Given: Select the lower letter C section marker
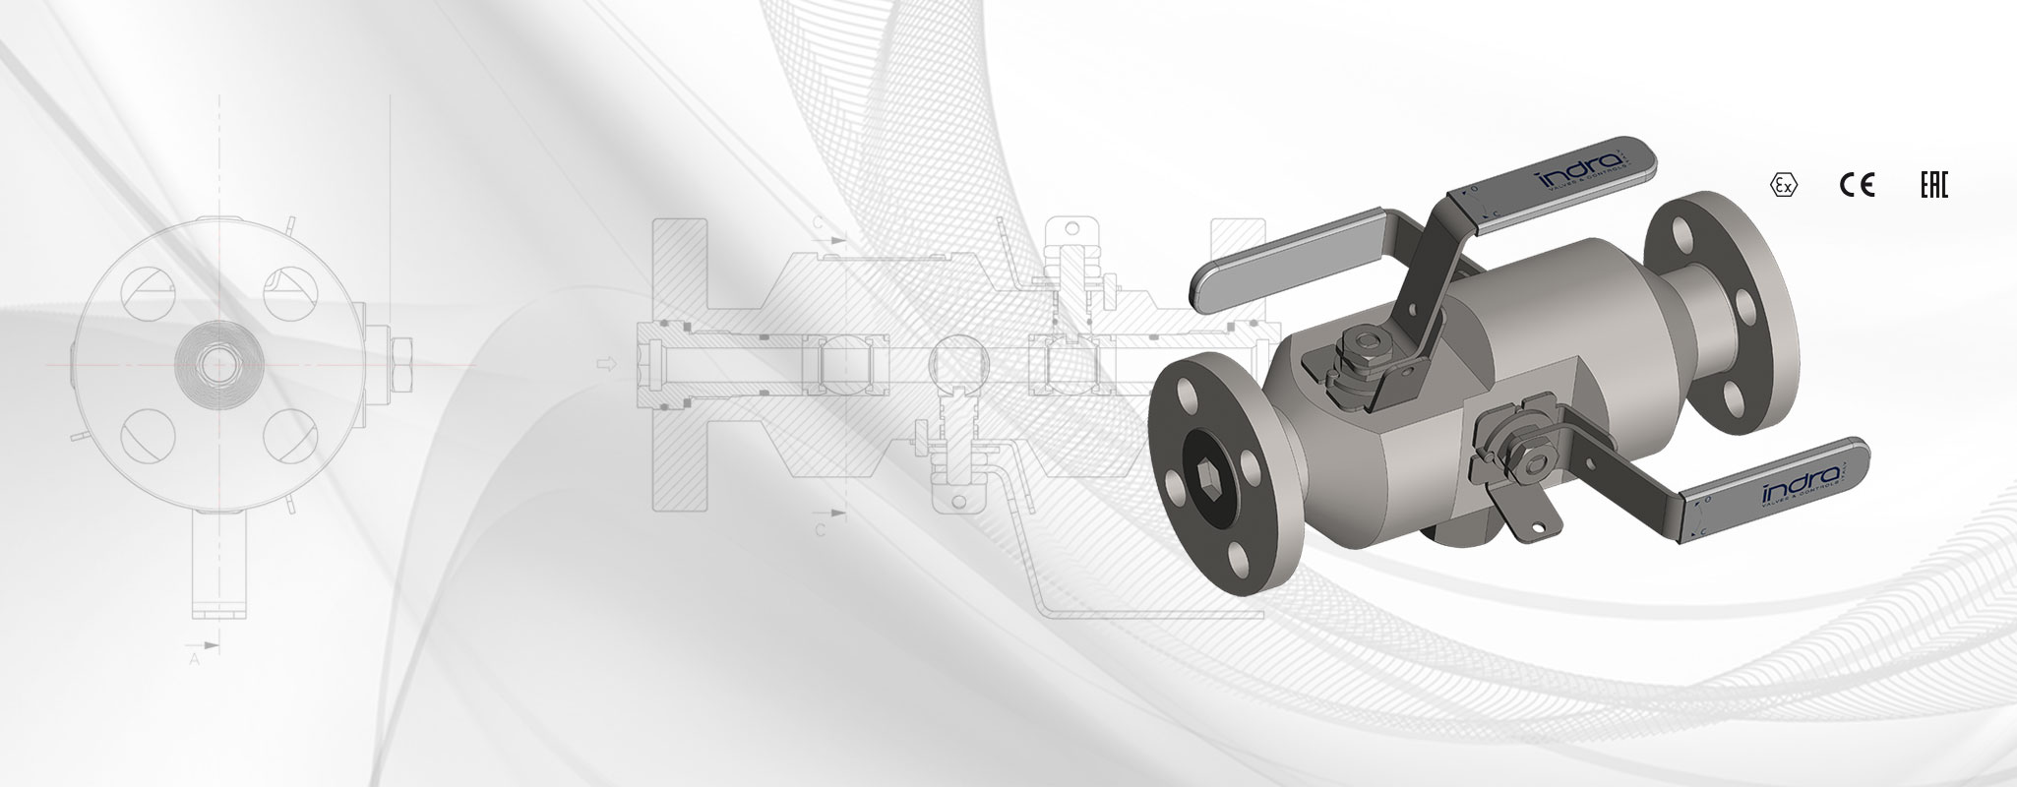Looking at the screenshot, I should pyautogui.click(x=819, y=527).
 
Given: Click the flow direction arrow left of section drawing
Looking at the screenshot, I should pyautogui.click(x=608, y=364).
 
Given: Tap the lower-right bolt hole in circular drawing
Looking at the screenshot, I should pyautogui.click(x=287, y=434).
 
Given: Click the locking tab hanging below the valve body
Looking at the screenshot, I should pyautogui.click(x=1515, y=512).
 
